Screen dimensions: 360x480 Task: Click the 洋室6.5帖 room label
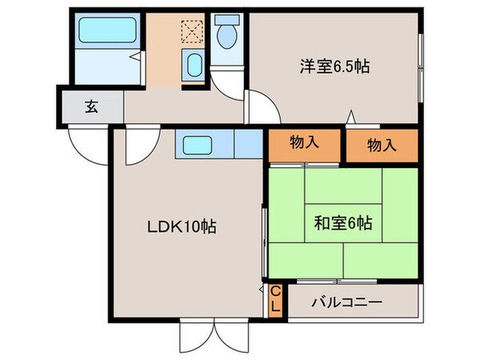[334, 67]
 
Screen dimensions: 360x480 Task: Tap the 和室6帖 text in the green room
[343, 224]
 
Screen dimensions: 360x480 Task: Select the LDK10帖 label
[180, 226]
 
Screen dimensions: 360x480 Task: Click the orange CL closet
[274, 302]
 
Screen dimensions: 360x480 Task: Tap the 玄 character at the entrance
[91, 106]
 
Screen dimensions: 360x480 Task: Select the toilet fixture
[228, 34]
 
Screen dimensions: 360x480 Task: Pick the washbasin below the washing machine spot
[193, 64]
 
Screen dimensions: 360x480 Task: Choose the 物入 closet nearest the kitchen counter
[304, 144]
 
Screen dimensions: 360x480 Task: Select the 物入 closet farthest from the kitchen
[382, 145]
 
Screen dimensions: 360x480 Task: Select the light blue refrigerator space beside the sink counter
[248, 145]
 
